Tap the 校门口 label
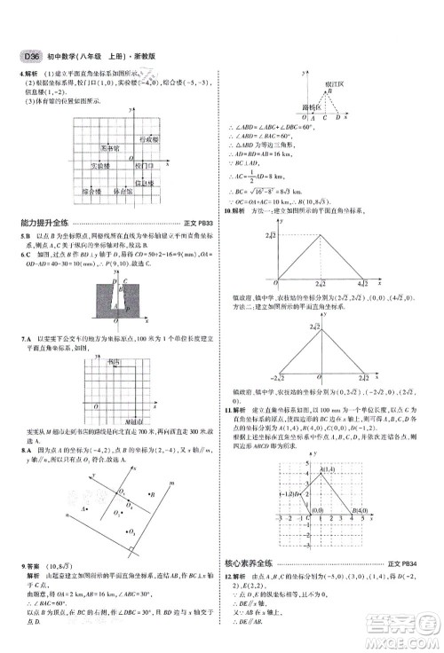pyautogui.click(x=144, y=165)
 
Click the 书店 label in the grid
pyautogui.click(x=114, y=362)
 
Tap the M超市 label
pyautogui.click(x=134, y=420)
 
